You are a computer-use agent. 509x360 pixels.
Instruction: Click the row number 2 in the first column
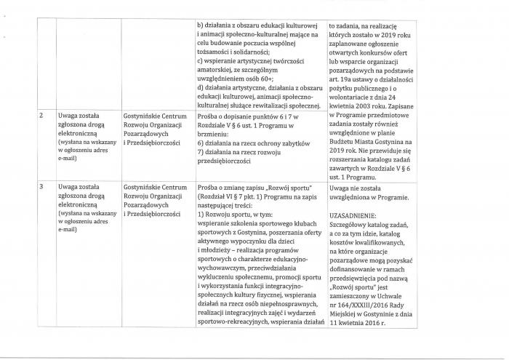pos(41,116)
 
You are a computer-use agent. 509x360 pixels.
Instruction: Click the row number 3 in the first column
pos(41,188)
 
